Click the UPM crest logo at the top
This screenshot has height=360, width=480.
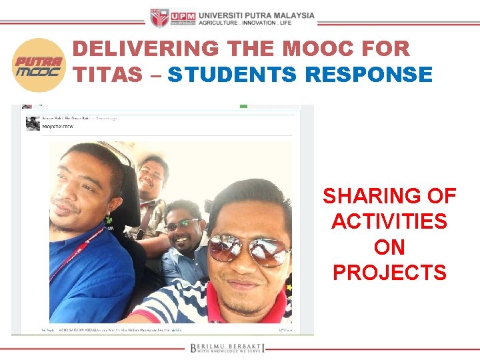tap(159, 18)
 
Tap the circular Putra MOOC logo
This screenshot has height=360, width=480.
tap(38, 65)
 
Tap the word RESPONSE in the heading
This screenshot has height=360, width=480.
tap(369, 75)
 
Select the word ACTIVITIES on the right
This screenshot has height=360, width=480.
tap(389, 221)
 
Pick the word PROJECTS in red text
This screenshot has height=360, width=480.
tap(389, 273)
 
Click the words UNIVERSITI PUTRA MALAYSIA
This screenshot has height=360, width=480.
tap(257, 15)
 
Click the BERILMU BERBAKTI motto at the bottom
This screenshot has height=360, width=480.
tap(227, 347)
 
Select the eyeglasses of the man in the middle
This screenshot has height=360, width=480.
tap(181, 225)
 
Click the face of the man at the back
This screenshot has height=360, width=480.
tap(151, 175)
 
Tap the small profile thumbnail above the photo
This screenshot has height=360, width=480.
tap(33, 123)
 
